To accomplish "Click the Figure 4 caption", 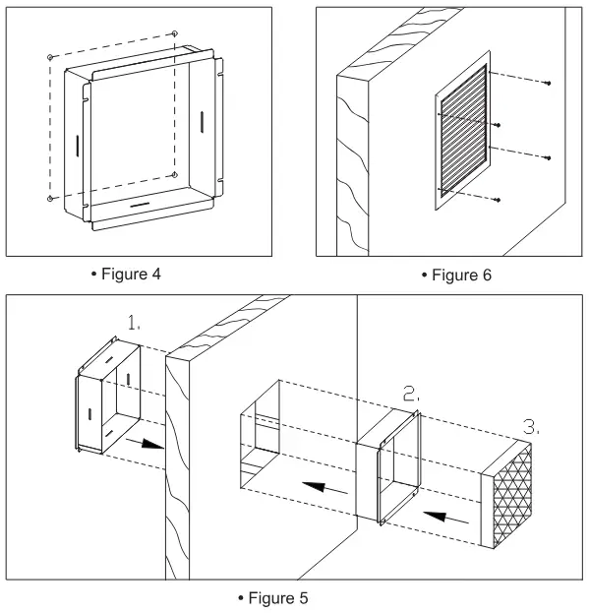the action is tap(126, 275).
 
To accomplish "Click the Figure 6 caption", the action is tap(456, 276).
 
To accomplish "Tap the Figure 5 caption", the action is tap(273, 598).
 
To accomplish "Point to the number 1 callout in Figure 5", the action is tap(134, 323).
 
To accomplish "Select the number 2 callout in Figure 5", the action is tap(411, 394).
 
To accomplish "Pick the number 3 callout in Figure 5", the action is tap(531, 426).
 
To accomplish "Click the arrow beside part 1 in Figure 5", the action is tap(145, 444).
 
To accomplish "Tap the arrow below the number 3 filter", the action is tap(446, 517).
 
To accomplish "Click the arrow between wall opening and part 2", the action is tap(324, 487).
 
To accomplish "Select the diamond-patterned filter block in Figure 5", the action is tap(506, 494).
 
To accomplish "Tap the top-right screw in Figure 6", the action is tap(549, 84).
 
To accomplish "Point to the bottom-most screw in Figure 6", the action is tap(498, 200).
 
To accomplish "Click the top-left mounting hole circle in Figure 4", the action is tap(50, 57).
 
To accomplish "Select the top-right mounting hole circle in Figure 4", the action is tap(175, 33).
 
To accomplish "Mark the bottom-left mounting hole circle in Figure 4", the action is tap(50, 199).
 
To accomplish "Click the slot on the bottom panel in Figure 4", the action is tap(140, 205).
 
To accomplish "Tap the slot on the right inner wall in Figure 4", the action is tap(202, 122).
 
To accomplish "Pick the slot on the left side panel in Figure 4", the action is tap(78, 146).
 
